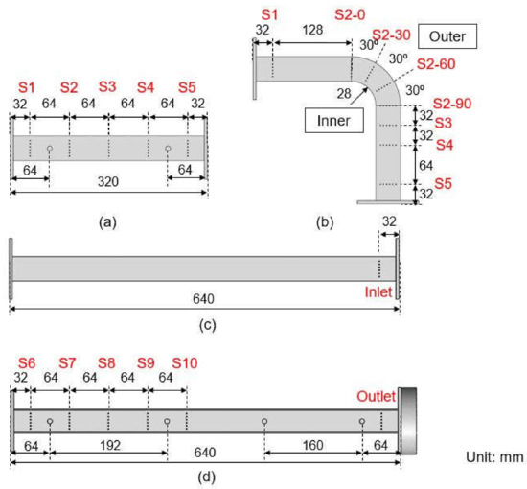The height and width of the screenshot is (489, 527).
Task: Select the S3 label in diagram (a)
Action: click(108, 86)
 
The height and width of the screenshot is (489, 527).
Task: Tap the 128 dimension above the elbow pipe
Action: click(311, 30)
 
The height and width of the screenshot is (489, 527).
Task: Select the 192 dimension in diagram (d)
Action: click(108, 446)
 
